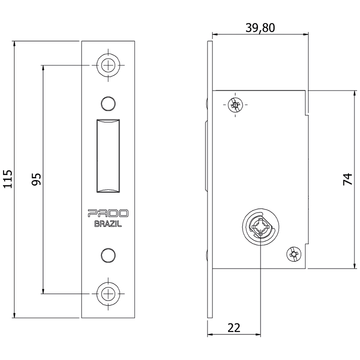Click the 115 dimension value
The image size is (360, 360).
coord(8,179)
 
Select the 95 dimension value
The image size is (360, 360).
coord(36,179)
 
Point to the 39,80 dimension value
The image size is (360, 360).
coord(260,28)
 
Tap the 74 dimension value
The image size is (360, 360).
coord(347,179)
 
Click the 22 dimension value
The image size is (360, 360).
coord(234,328)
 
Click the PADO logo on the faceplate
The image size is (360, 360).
coord(108,213)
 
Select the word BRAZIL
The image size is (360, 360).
coord(108,224)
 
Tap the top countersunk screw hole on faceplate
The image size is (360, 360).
coord(108,65)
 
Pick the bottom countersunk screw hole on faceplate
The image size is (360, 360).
coord(108,293)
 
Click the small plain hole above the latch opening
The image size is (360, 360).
coord(108,103)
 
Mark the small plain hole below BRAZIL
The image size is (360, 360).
coord(108,255)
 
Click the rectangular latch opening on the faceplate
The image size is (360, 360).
coord(108,155)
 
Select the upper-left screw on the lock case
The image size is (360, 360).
coord(235,104)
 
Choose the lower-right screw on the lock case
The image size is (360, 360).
coord(294,254)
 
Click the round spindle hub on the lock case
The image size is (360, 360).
coord(260,227)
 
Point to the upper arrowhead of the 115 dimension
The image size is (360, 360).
coord(14,43)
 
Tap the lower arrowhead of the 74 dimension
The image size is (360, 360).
coord(355,265)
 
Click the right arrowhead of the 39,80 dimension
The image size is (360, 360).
coord(305,34)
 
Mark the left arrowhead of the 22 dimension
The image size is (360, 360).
coord(210,334)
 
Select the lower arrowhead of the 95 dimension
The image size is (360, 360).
coord(42,291)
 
